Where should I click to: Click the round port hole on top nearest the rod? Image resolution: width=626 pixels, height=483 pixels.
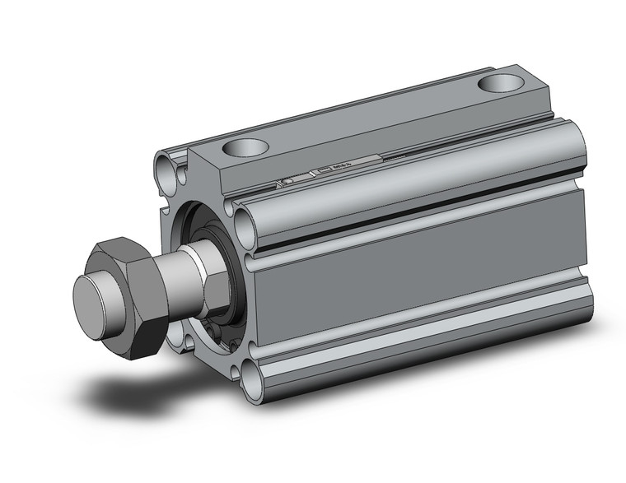245,149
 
